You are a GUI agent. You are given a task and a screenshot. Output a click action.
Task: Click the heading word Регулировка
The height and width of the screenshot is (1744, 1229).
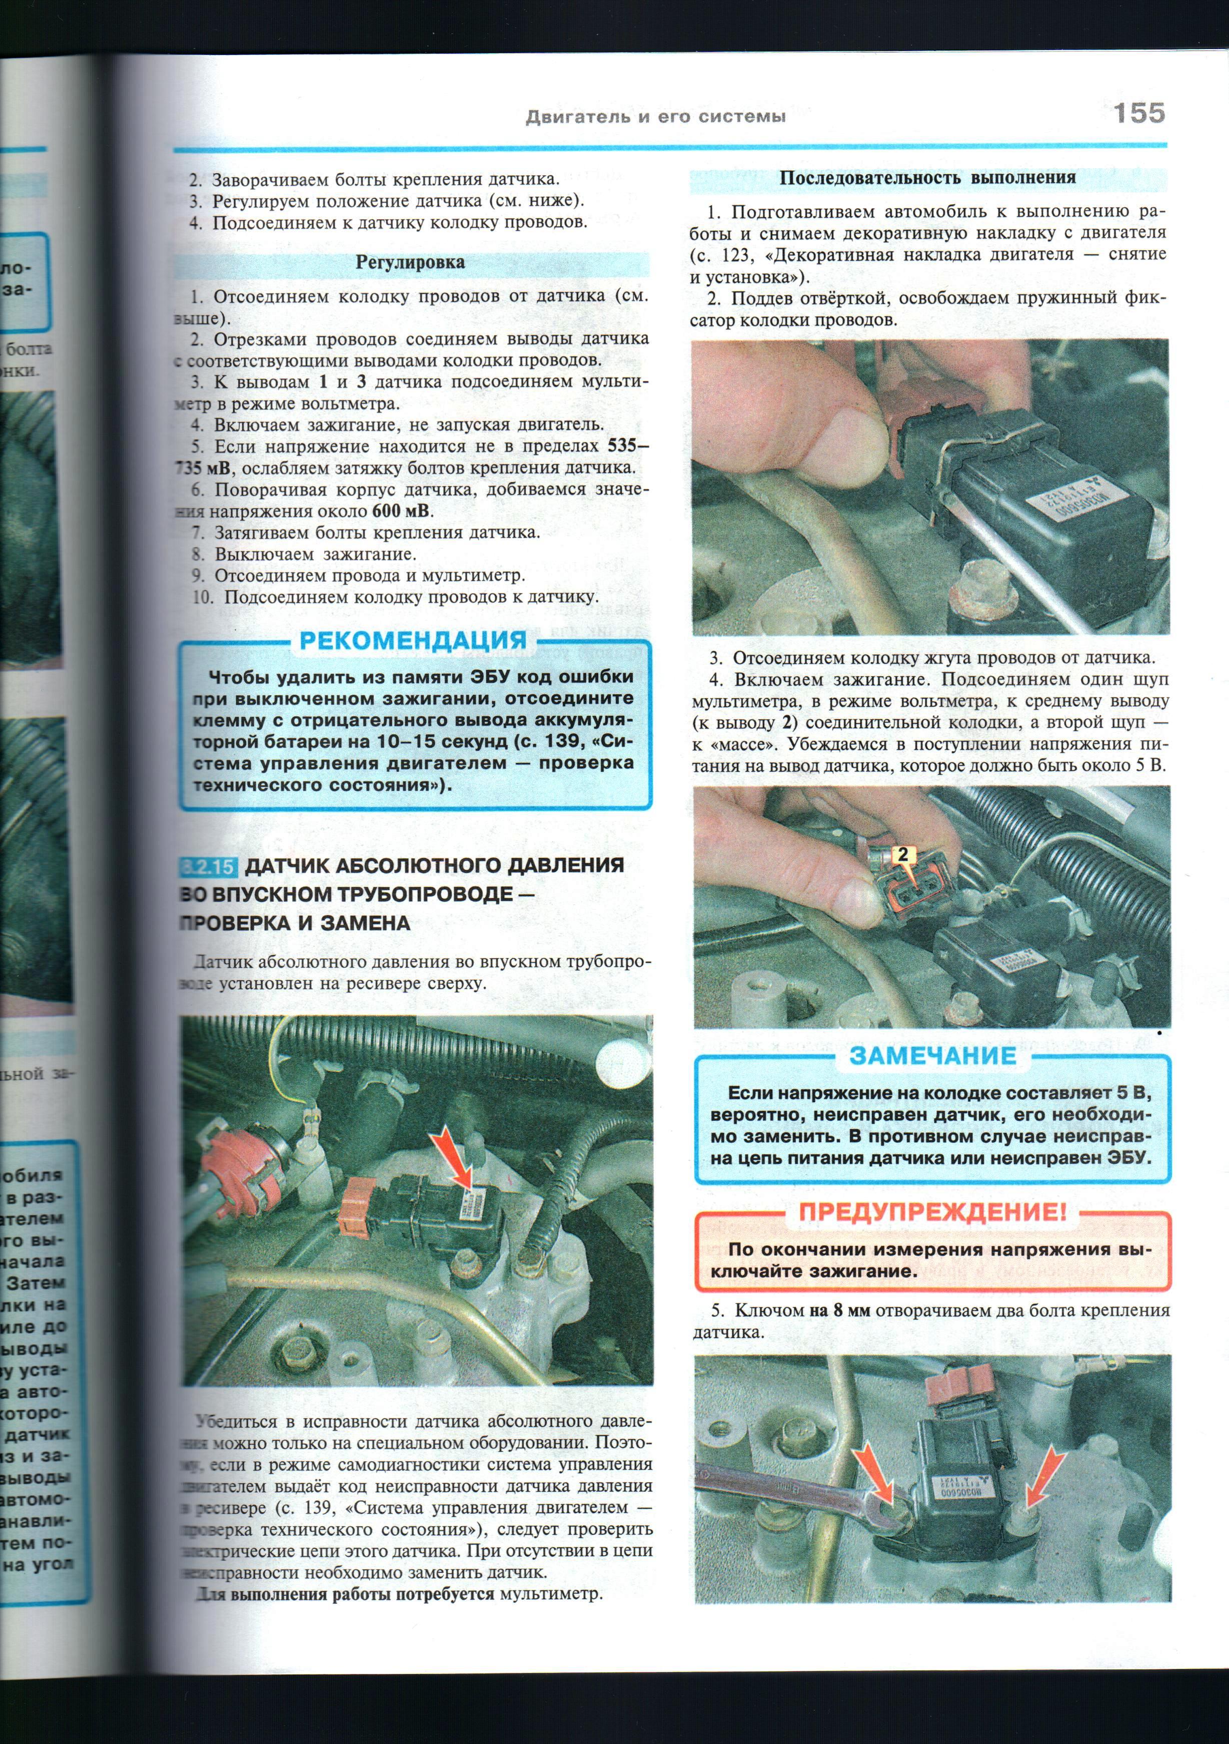click(x=410, y=263)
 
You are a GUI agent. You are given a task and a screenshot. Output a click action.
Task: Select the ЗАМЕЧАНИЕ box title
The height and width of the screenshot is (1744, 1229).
click(x=932, y=1055)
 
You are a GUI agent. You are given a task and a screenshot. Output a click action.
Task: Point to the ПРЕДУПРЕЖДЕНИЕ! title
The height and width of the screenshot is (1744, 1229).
click(x=932, y=1211)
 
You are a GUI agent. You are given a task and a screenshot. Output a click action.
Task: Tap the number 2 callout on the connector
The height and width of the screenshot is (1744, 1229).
click(x=902, y=854)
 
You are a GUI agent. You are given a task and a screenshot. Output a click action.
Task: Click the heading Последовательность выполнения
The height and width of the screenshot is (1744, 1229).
click(x=928, y=178)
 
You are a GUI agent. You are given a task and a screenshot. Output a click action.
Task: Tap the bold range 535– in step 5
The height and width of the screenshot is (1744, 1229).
click(x=627, y=446)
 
